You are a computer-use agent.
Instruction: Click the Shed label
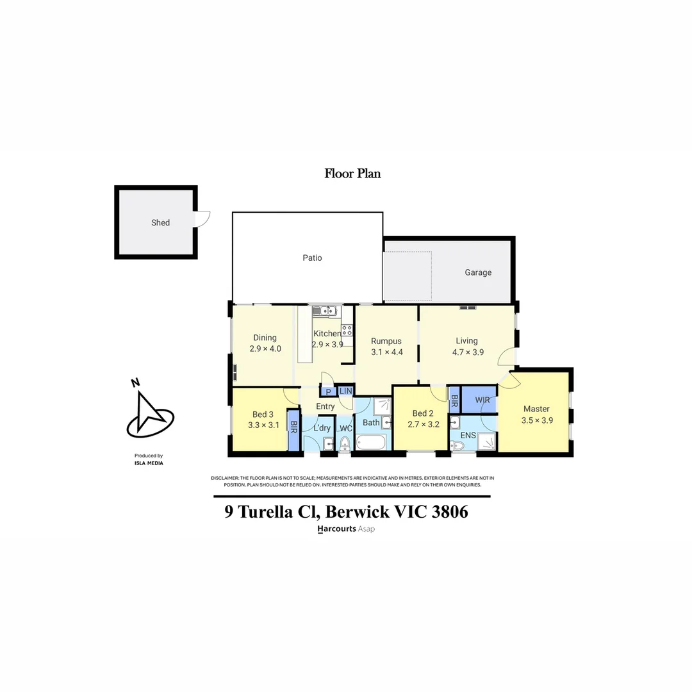160,222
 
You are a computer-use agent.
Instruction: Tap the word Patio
312,258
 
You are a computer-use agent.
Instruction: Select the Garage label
478,272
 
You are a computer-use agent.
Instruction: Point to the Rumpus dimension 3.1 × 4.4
386,352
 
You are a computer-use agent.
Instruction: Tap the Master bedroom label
536,409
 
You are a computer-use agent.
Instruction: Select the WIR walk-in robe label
482,400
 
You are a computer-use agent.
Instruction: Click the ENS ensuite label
468,435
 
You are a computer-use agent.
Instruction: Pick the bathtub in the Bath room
372,443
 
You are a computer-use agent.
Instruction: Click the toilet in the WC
345,443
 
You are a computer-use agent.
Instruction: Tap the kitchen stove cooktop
347,331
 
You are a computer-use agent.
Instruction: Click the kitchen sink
325,311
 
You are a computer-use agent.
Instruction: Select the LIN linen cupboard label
345,391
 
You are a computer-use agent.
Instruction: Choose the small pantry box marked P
328,391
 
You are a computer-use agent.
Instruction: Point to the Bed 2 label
424,413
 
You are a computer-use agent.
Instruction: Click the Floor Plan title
352,173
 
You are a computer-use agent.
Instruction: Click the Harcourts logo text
337,529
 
